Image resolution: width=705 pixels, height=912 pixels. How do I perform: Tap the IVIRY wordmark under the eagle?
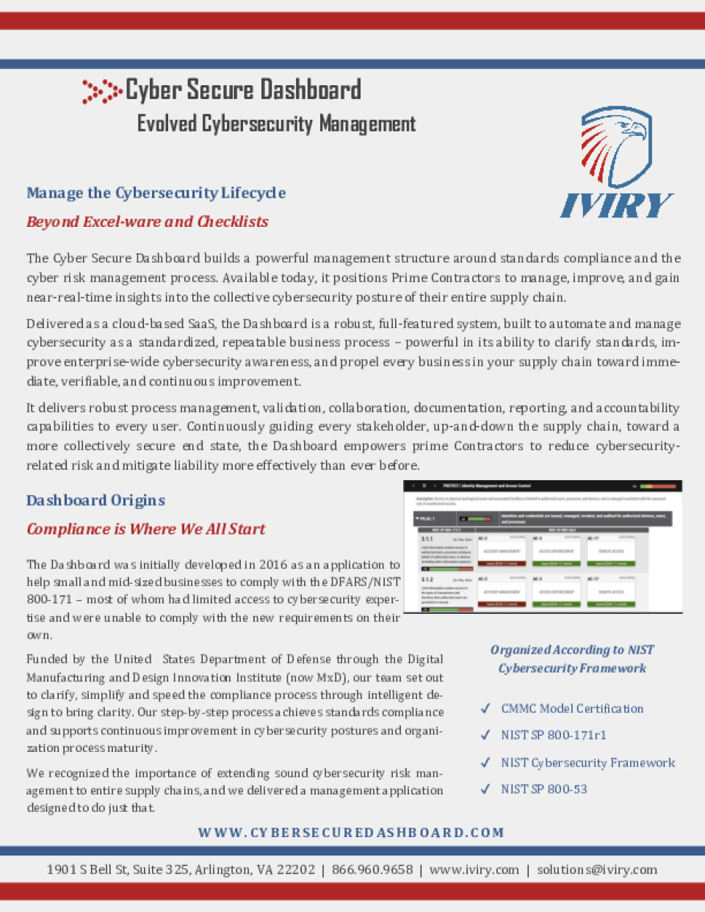tap(616, 205)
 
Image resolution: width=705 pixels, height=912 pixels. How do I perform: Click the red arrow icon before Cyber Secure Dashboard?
tap(101, 91)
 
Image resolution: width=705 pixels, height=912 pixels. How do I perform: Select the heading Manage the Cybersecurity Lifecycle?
tap(156, 193)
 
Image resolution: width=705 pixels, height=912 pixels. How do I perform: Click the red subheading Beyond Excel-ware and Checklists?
tap(147, 222)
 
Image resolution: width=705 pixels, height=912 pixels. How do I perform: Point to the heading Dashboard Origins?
tap(95, 501)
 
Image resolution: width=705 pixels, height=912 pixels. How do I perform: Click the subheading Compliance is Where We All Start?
tap(145, 529)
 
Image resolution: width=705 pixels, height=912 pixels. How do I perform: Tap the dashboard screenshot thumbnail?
tap(543, 546)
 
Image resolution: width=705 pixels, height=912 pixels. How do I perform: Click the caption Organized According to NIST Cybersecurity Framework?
tap(572, 659)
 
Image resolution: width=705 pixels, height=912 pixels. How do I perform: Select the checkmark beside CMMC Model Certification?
tap(485, 709)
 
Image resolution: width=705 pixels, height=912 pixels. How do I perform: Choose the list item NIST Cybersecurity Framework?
tap(587, 763)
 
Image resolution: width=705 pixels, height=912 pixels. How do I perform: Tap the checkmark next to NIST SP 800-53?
tap(485, 789)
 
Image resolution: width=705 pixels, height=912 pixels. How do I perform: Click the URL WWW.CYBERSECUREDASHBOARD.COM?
tap(351, 833)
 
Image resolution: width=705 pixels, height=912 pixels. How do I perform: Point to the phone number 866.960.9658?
tap(372, 869)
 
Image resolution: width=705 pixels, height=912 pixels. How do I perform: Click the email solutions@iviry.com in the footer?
tap(596, 869)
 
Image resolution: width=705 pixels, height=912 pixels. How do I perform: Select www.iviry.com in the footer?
tap(474, 869)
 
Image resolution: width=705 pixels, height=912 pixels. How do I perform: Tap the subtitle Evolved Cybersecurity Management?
tap(276, 124)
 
